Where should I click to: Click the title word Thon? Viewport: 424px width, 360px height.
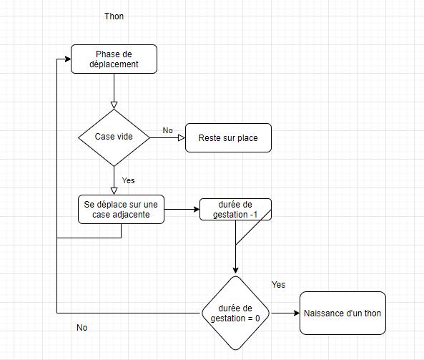point(114,16)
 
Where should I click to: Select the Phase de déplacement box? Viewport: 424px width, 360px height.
point(114,58)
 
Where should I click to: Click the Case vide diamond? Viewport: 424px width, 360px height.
point(114,137)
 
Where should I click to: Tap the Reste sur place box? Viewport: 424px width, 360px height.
point(228,137)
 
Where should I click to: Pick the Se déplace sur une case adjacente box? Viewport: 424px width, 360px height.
point(121,209)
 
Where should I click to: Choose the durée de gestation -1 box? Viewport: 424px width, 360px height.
point(235,209)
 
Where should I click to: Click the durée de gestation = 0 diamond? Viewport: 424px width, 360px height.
point(235,313)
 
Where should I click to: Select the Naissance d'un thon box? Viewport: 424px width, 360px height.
point(342,313)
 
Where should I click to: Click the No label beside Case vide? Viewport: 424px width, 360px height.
point(167,130)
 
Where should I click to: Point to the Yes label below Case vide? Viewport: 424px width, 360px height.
point(128,180)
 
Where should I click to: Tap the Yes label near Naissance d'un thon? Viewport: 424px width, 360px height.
point(278,284)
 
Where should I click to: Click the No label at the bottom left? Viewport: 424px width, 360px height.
point(82,327)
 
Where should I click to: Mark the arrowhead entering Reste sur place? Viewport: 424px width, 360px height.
point(181,137)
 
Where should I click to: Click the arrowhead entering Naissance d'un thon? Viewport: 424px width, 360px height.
point(295,313)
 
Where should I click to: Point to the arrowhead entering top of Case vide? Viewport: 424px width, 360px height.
point(114,105)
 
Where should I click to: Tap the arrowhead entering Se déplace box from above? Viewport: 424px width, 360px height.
point(114,191)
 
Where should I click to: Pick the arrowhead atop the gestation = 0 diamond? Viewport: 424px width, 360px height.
point(235,272)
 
